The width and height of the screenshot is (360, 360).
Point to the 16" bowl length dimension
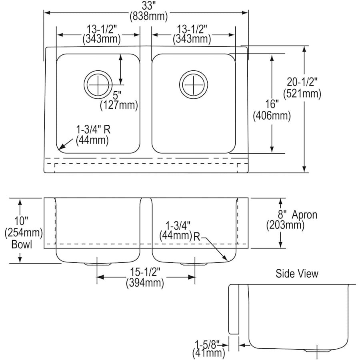tap(272, 104)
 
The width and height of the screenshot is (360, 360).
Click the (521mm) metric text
tap(302, 94)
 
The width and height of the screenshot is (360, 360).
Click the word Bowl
tap(21, 244)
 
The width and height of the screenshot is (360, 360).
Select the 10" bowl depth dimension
tap(21, 220)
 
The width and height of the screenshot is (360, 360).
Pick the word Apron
tap(304, 214)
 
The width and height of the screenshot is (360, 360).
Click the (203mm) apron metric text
tap(285, 225)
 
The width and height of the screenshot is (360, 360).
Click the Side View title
tap(297, 274)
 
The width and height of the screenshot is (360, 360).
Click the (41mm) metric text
tap(208, 353)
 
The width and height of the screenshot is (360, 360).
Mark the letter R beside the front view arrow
tap(197, 236)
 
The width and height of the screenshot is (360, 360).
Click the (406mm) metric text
tap(272, 116)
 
